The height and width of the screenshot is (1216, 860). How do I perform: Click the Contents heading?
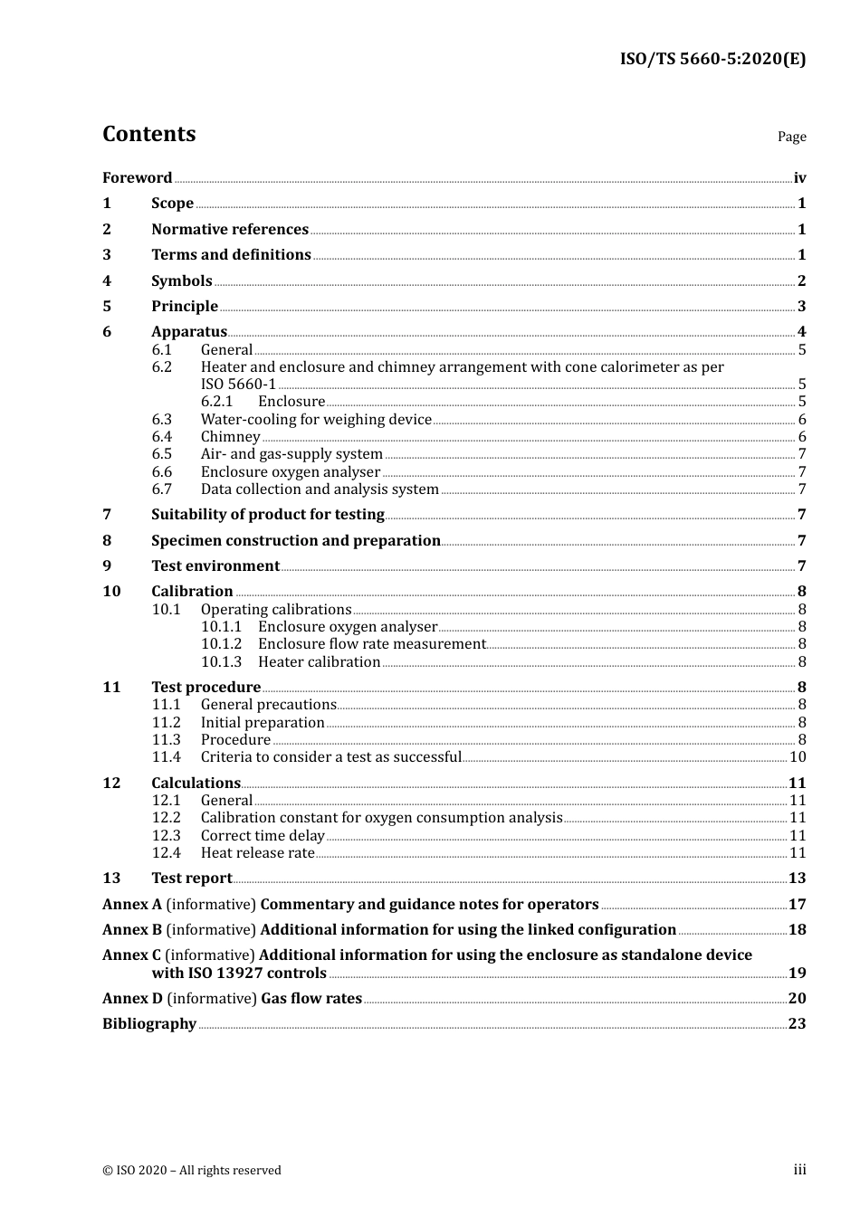point(148,134)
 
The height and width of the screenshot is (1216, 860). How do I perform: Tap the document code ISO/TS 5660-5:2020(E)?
point(712,60)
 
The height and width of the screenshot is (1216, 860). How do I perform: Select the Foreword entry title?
point(137,178)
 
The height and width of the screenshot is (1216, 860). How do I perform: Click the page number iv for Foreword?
point(799,178)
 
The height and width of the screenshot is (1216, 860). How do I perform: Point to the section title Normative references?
point(230,230)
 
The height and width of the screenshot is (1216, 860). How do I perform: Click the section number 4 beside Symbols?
point(107,281)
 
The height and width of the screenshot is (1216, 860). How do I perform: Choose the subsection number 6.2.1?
point(217,402)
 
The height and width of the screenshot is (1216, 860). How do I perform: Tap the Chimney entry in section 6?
point(230,437)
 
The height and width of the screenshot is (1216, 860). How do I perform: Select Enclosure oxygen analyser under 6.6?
point(290,472)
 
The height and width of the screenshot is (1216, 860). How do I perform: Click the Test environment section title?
point(215,566)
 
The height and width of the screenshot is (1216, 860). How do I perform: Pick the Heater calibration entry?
point(319,662)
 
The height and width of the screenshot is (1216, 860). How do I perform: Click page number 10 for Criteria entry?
point(798,757)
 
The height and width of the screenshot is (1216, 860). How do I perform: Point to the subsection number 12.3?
point(166,836)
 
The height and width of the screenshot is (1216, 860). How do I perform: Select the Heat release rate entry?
point(257,853)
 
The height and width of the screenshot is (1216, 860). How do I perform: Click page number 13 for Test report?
point(797,879)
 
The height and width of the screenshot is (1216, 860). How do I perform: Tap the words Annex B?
point(132,930)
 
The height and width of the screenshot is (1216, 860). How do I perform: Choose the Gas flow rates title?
point(311,999)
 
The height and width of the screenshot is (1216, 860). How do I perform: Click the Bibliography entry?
point(149,1024)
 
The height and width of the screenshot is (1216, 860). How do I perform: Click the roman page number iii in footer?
point(799,1170)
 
